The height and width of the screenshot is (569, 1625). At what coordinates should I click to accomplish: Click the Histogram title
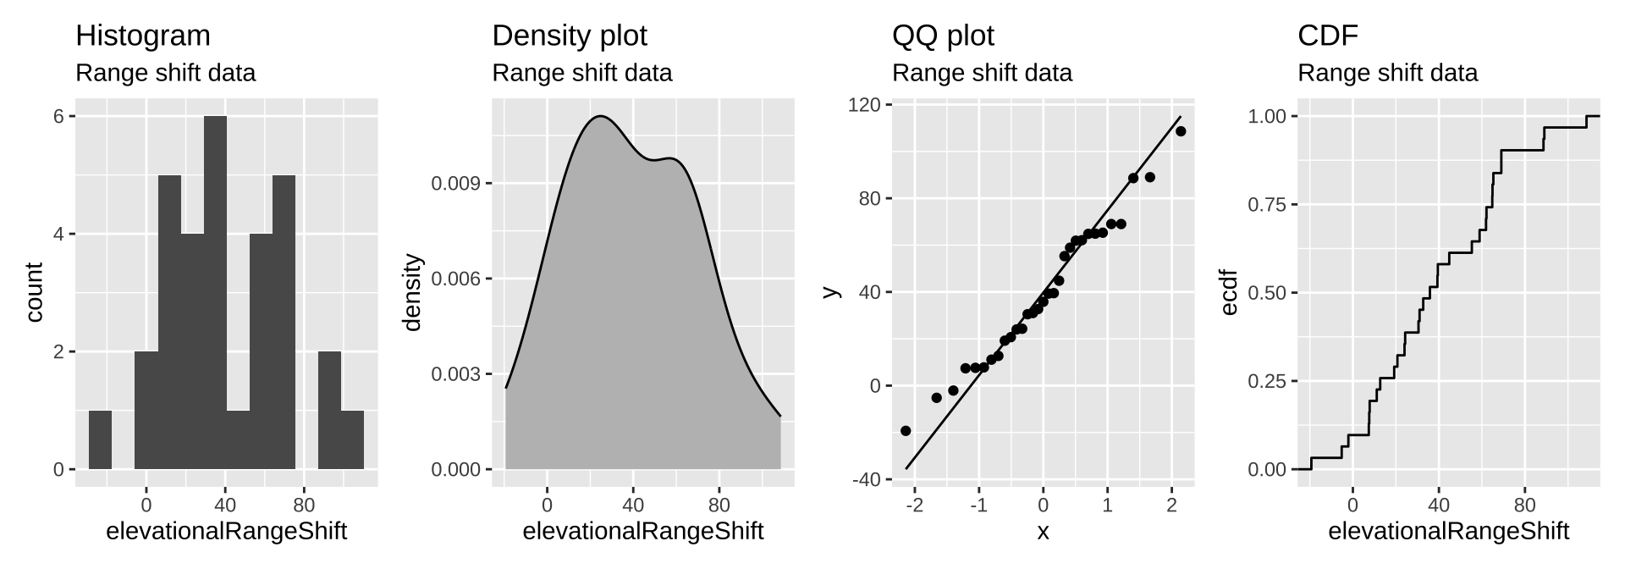pos(143,36)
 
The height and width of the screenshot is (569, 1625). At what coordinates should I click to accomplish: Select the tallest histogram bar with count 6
pos(215,292)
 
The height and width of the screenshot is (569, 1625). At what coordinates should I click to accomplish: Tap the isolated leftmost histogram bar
pos(100,439)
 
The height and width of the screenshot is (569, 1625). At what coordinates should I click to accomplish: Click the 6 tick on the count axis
pos(58,116)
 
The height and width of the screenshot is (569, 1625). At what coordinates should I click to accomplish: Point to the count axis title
pos(34,292)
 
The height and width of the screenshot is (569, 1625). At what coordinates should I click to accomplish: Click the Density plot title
pos(569,36)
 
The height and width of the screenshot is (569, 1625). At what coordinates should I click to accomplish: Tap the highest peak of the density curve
pos(600,116)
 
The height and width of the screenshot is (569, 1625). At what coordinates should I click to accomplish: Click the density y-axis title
pos(413,292)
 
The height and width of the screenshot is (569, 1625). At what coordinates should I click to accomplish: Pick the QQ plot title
pos(943,36)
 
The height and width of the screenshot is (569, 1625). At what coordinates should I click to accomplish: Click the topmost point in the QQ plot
pos(1181,131)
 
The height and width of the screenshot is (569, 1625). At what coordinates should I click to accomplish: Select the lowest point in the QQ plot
pos(906,431)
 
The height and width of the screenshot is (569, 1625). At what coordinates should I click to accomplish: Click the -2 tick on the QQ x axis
pos(915,505)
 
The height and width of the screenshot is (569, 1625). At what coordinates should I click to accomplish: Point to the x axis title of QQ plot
pos(1043,532)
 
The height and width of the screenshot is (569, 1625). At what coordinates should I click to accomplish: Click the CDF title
pos(1327,36)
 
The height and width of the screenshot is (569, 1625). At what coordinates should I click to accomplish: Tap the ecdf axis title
pos(1230,292)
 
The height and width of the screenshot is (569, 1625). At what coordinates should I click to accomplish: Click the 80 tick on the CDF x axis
pos(1524,505)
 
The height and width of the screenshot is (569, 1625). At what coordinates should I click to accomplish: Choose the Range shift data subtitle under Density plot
pos(581,73)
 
